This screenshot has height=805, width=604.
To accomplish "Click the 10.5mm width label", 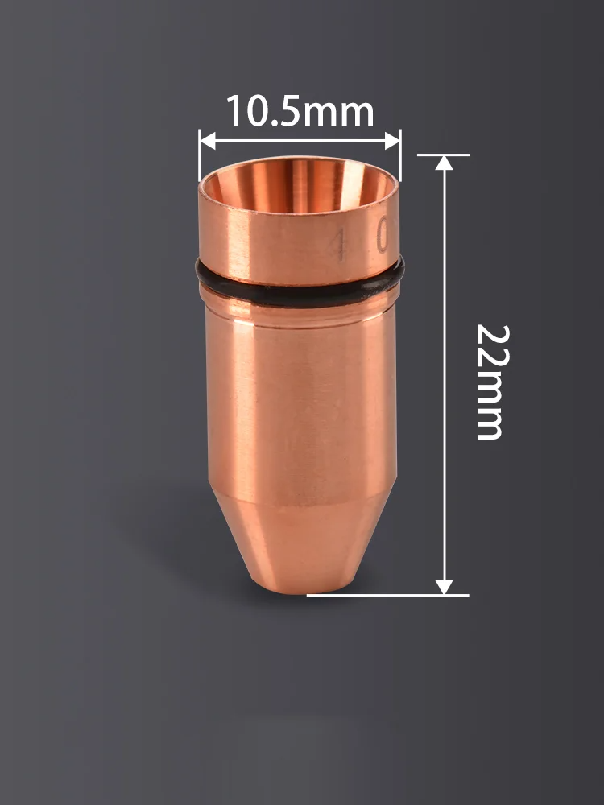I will (300, 111).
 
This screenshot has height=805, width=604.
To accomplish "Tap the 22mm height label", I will (490, 382).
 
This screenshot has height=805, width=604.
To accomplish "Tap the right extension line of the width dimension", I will (400, 157).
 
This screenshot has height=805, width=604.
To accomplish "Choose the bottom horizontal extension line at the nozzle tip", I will (387, 595).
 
